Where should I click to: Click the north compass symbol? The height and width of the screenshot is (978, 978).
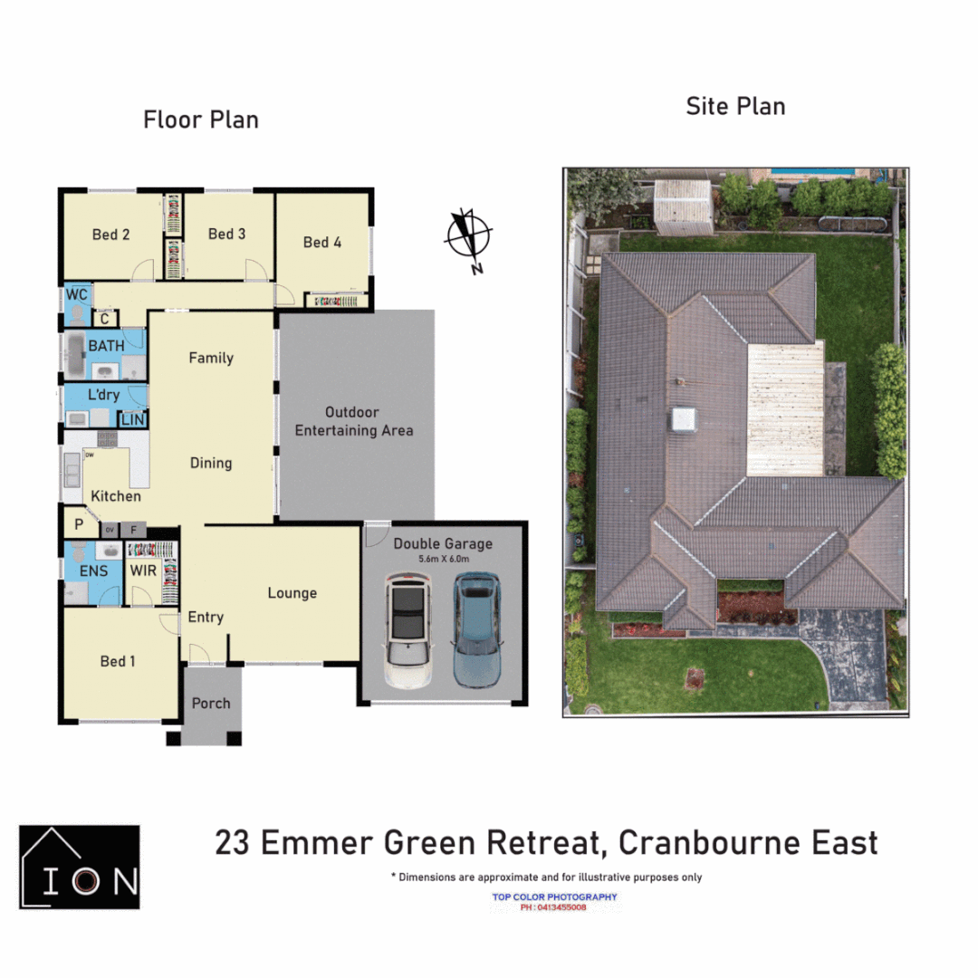point(469,237)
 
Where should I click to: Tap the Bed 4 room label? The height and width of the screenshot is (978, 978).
point(321,242)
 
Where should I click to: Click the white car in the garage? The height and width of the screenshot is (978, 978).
point(407,630)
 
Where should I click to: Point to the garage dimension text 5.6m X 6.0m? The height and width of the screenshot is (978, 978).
point(443,560)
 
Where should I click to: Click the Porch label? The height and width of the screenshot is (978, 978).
point(211,703)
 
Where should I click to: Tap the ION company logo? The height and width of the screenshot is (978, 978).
point(80,867)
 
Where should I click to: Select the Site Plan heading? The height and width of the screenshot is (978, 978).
point(734,106)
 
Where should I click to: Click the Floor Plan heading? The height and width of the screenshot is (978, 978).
point(200,120)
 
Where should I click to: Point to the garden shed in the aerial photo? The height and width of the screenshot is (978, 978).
point(684,205)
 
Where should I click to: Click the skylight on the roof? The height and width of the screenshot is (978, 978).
point(682,419)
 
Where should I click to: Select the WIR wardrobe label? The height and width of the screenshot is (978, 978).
point(143,570)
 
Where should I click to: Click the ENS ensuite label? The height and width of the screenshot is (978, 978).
point(93,570)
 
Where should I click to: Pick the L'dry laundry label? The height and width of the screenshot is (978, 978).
point(103,396)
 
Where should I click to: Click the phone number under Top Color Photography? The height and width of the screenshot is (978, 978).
point(553,907)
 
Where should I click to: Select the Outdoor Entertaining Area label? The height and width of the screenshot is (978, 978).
point(354,421)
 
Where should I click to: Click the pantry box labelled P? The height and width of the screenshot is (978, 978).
point(78,523)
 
